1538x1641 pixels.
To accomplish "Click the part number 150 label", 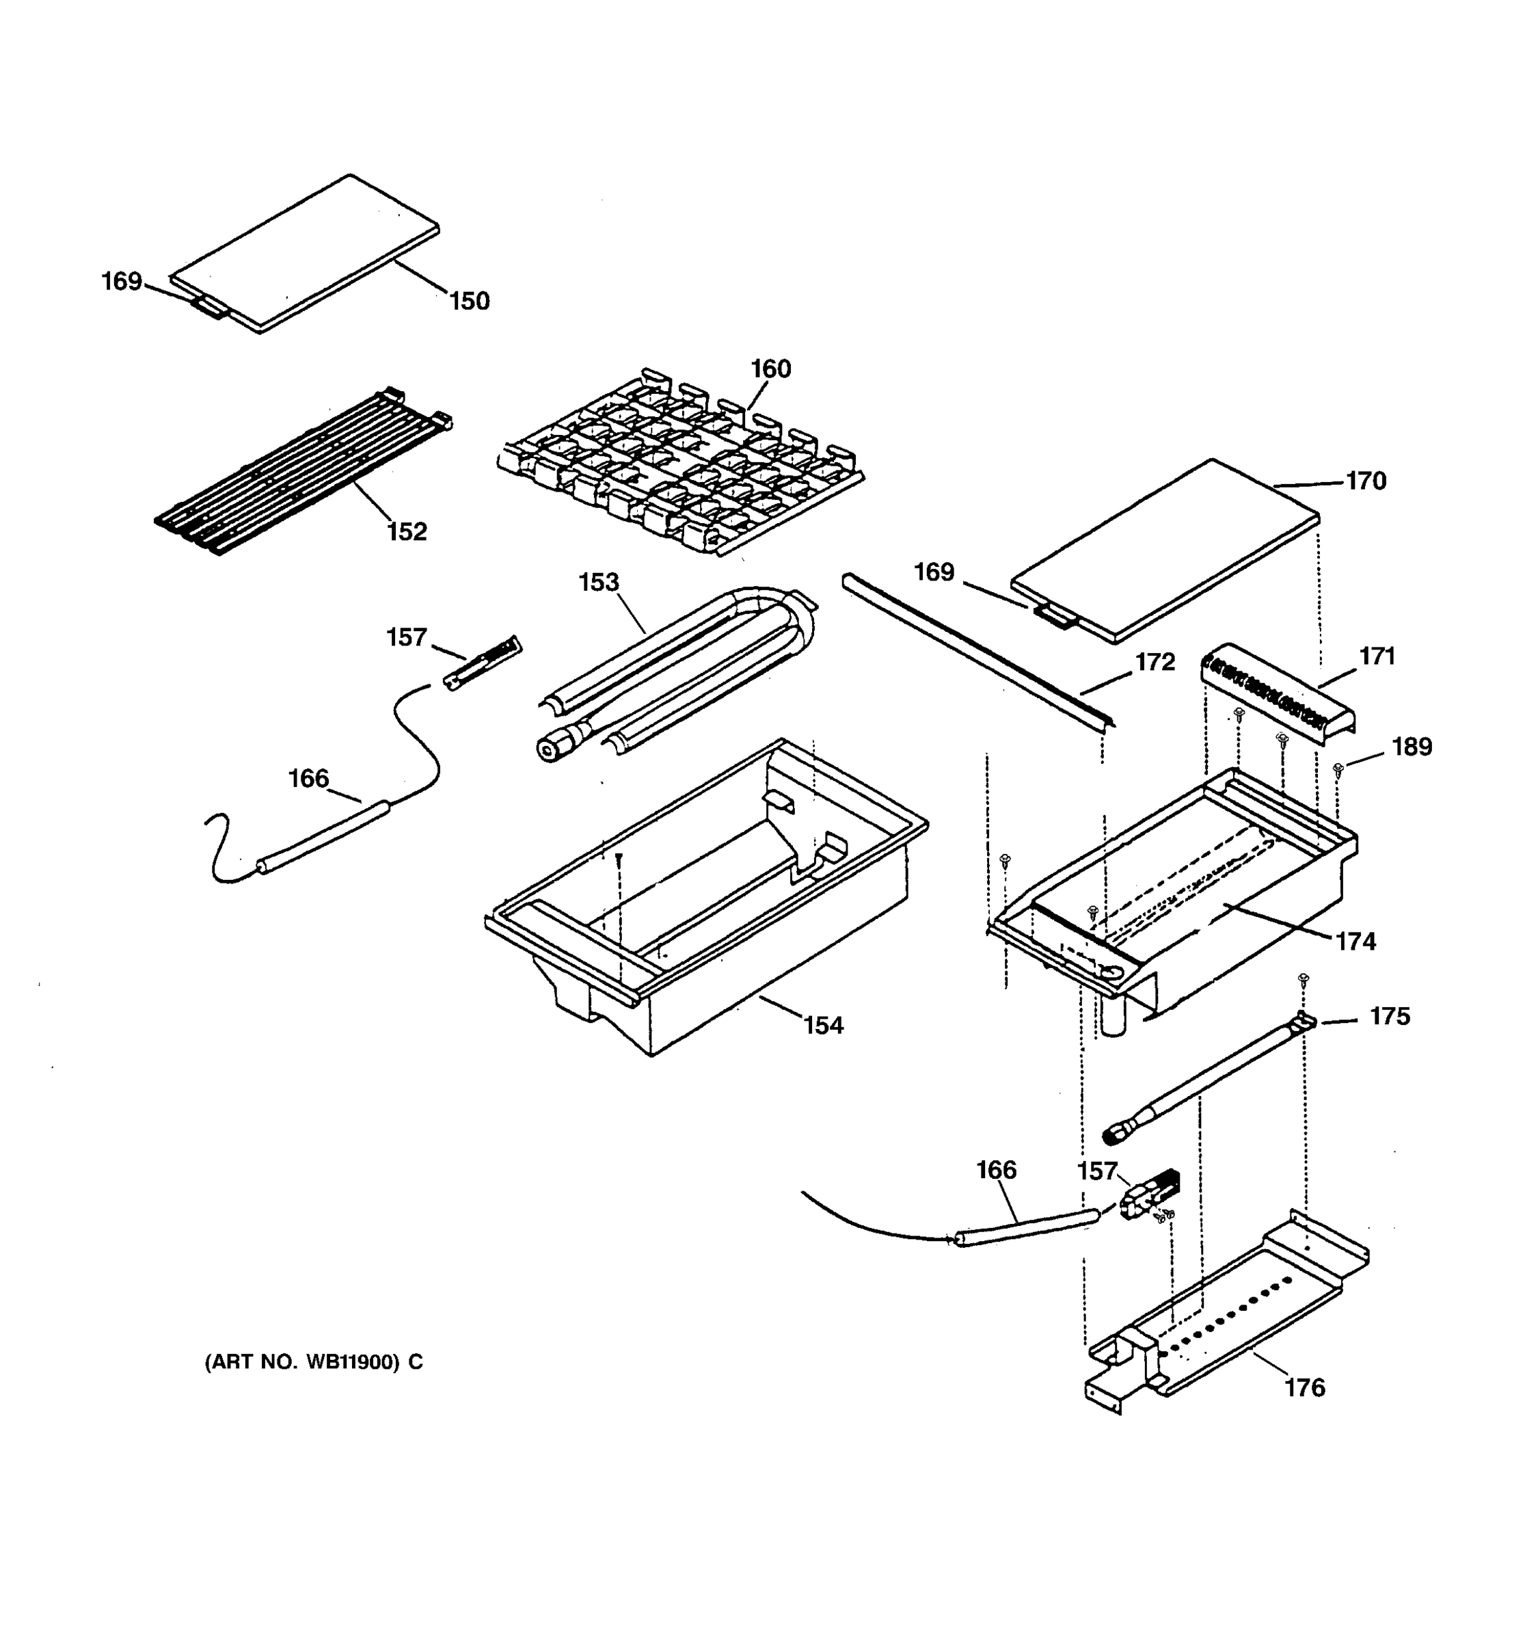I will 470,302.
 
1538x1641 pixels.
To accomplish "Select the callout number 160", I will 770,369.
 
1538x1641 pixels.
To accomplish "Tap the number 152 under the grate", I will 407,531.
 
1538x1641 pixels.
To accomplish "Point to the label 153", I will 598,582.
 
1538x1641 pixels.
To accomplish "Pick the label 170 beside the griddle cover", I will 1366,481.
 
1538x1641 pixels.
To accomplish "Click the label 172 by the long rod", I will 1155,662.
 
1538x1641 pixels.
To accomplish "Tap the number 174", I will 1355,941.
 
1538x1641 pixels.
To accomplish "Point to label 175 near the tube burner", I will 1390,1016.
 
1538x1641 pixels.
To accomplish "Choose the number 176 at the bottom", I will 1304,1387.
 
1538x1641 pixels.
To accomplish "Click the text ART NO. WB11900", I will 314,1362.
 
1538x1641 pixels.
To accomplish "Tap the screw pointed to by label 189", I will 1338,769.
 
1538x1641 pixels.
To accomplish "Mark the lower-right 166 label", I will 996,1171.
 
